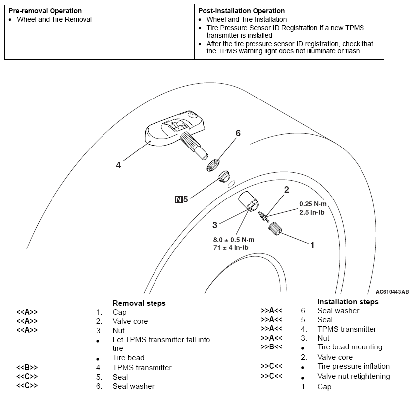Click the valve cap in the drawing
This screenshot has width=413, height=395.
coord(275,230)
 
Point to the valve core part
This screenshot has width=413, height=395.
coord(264,215)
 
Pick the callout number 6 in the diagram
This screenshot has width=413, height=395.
coord(238,133)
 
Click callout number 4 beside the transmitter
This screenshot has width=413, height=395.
coord(118,165)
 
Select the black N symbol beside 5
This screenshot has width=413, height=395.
coord(178,200)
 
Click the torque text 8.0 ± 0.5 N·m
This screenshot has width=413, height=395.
coord(234,240)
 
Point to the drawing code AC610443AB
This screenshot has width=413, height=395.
coord(392,292)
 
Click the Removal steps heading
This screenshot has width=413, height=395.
coord(139,303)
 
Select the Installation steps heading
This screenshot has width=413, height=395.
coord(348,301)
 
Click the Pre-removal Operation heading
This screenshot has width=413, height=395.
coord(45,11)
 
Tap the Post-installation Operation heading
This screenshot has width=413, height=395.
coord(241,11)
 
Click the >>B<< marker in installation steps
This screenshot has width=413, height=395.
coord(271,347)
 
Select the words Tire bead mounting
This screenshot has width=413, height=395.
coord(350,347)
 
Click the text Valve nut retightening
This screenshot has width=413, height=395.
coord(354,376)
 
